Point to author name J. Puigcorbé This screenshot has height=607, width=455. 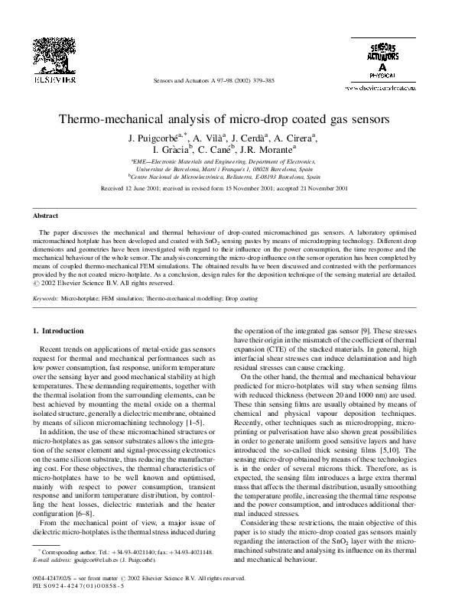tap(159, 138)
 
